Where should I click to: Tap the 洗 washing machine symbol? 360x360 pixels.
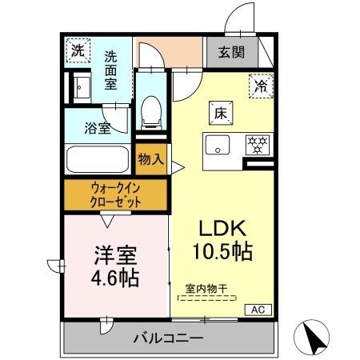[x=78, y=50]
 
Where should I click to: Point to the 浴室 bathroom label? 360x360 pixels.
[x=99, y=127]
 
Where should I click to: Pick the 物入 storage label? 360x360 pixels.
[x=150, y=158]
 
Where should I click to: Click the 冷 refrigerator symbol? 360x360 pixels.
[x=260, y=82]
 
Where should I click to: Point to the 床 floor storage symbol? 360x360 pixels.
[x=221, y=114]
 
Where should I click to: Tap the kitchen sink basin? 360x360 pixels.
[x=217, y=146]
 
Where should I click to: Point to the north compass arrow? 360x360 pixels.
[x=315, y=335]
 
